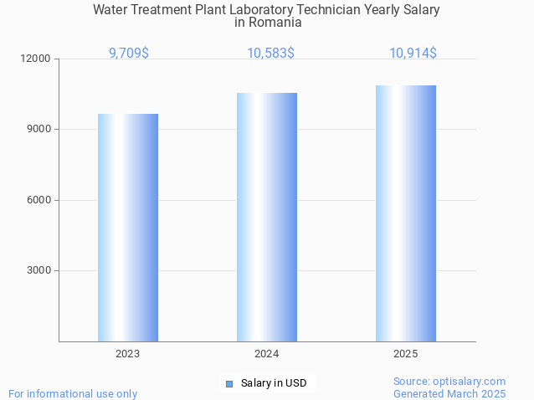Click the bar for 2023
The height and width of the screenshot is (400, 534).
(x=128, y=228)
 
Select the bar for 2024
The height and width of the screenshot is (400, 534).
(x=267, y=217)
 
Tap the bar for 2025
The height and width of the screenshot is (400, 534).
(x=406, y=213)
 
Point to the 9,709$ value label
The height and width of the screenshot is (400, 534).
(x=129, y=53)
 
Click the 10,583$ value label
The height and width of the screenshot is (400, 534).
(x=270, y=53)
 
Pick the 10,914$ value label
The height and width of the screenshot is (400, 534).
(x=413, y=53)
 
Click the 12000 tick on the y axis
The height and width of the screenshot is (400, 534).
(x=38, y=59)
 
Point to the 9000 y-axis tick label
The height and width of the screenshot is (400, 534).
(x=40, y=130)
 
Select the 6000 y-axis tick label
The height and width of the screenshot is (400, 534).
(x=40, y=200)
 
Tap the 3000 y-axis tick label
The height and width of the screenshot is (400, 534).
(x=40, y=270)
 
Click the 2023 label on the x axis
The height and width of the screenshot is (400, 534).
(x=128, y=354)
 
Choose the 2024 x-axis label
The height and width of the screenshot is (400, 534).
(x=267, y=354)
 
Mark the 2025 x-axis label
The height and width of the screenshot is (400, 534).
(x=406, y=354)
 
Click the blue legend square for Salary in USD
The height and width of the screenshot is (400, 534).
(x=229, y=384)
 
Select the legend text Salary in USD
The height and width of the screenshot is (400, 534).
(x=274, y=384)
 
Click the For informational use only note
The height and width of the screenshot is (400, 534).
(x=73, y=393)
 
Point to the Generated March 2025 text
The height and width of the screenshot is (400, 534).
(x=449, y=393)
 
